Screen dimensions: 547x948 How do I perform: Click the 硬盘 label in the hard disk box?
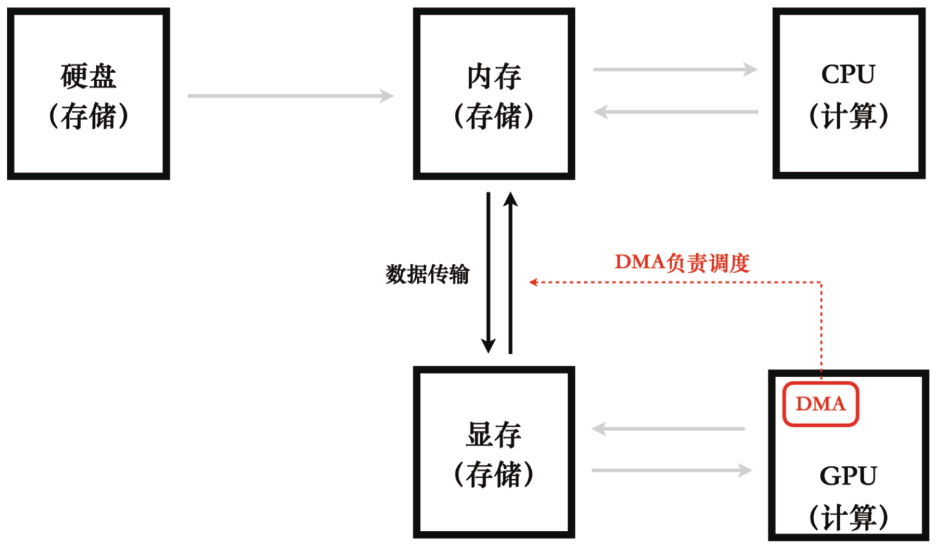coord(88,76)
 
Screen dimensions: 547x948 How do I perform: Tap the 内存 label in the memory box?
coord(494,76)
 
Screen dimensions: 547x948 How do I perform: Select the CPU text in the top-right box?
coord(848,74)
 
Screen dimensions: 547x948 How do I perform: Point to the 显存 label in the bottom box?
coord(494,434)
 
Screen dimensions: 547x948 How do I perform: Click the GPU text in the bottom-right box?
coord(848,476)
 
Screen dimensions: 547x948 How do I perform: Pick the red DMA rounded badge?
coord(820,404)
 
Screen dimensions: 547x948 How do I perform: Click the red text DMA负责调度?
coord(682,263)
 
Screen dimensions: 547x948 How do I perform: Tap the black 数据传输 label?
coord(427,274)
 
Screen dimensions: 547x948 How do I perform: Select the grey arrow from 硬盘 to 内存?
coord(290,96)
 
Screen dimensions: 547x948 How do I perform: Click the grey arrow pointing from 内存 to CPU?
coord(675,70)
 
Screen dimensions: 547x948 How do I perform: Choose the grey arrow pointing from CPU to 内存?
coord(675,112)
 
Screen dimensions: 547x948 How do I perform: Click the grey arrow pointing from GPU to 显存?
coord(669,429)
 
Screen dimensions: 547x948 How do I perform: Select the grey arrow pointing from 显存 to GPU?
coord(672,471)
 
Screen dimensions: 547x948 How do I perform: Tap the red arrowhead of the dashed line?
coord(533,282)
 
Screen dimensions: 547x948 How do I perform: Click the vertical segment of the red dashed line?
coord(821,329)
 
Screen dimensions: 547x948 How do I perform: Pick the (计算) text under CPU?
coord(848,116)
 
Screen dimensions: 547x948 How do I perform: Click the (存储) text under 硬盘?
coord(88,116)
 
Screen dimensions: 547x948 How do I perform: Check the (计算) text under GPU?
coord(848,517)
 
